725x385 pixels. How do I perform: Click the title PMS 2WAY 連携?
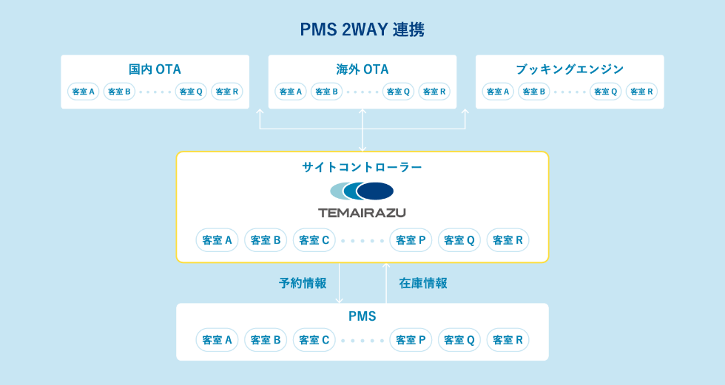pos(362,30)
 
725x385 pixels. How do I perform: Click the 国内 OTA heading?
pos(155,69)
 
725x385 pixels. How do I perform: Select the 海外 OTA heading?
pos(362,69)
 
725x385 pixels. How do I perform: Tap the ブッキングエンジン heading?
pos(569,69)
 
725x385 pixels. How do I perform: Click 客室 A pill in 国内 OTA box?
pos(83,92)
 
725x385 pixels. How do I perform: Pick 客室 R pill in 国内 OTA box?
pos(226,92)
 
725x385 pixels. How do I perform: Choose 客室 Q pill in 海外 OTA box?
pos(398,92)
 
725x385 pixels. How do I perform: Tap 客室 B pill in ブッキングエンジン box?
pos(533,92)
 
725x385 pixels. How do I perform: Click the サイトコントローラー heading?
pos(362,168)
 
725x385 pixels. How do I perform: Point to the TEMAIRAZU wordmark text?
pos(362,213)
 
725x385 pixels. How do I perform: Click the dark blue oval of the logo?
pos(376,191)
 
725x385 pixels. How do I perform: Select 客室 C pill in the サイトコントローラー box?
pos(314,240)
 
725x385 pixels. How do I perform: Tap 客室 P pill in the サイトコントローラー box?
pos(411,240)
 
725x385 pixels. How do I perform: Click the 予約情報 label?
pos(303,283)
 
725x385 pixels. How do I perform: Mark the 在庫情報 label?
pos(423,283)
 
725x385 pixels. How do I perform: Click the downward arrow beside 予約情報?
pos(339,283)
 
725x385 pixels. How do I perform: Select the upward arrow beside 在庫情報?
pos(385,283)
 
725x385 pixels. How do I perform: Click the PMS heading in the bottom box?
pos(362,317)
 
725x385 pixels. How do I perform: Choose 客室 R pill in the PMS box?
pos(507,340)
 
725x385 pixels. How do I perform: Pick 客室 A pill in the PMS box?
pos(217,340)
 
